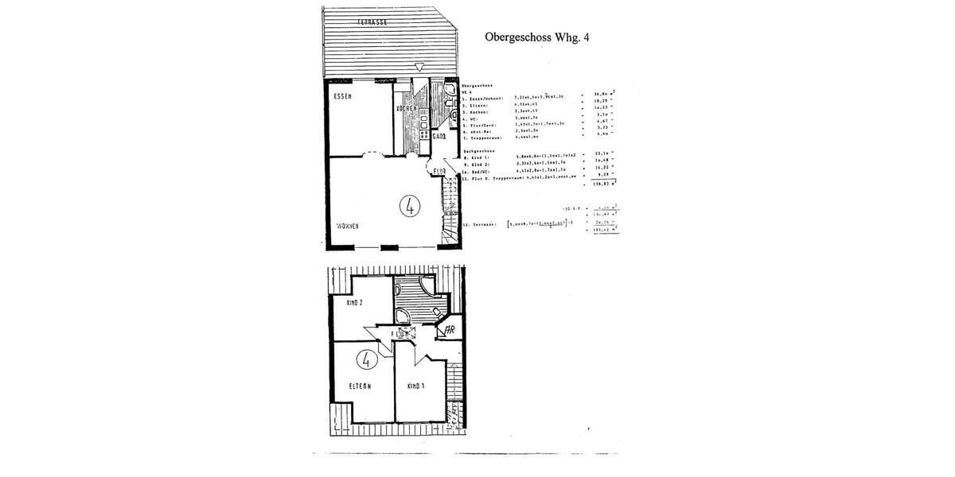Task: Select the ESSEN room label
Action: [x=344, y=96]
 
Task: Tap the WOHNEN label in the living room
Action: [x=348, y=226]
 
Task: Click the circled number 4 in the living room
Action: [x=410, y=206]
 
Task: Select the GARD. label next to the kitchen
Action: [x=439, y=137]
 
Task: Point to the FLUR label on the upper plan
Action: [x=439, y=170]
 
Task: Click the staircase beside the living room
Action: [x=450, y=211]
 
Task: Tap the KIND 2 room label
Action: [x=354, y=303]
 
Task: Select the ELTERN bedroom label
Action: [x=361, y=386]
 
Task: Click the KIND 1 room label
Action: [x=415, y=386]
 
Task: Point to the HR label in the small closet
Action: [x=449, y=329]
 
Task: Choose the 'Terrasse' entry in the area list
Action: [x=481, y=225]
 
